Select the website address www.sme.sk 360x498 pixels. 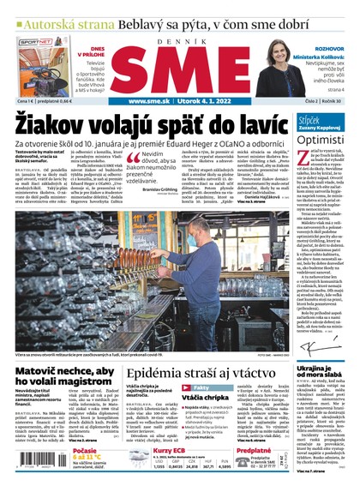(x=152, y=101)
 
